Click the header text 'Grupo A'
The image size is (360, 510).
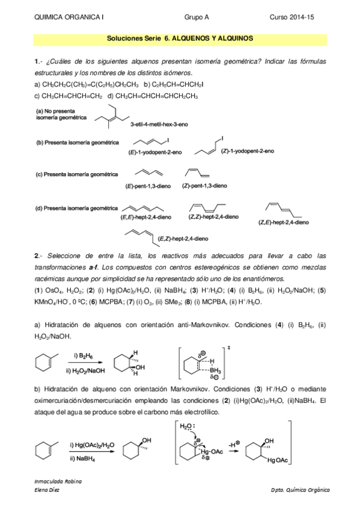coord(195,18)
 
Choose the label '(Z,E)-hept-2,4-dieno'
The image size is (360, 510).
coord(284,223)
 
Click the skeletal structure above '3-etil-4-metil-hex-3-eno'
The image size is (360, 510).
coord(115,117)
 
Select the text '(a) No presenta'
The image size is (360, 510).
coord(53,111)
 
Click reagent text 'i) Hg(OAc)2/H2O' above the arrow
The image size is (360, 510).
coord(92,444)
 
